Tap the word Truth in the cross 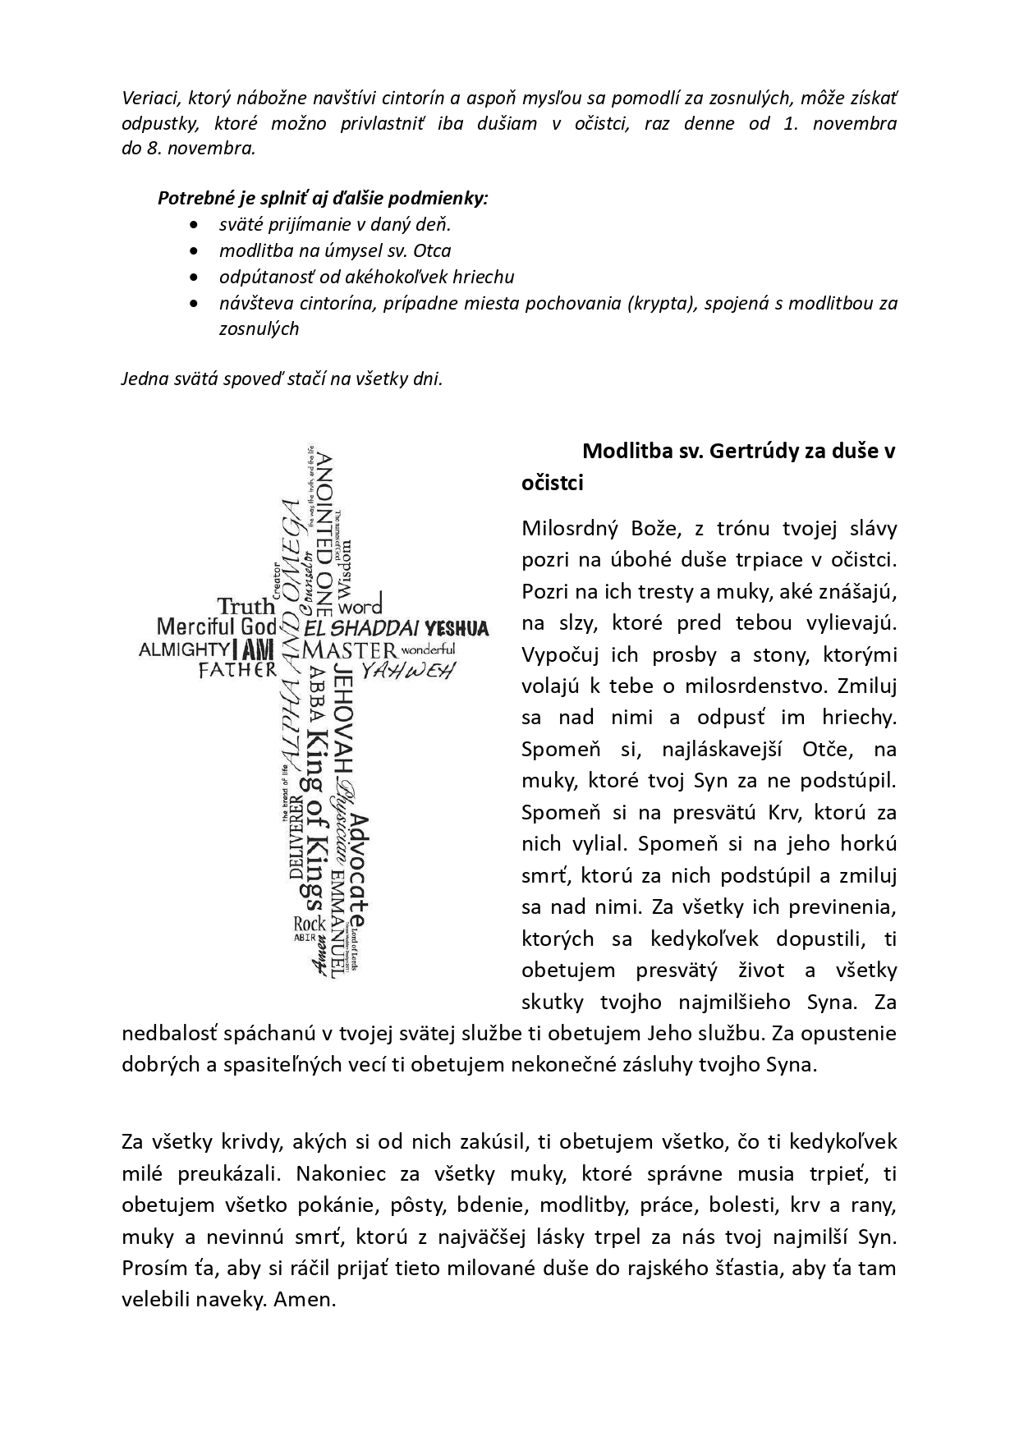point(246,607)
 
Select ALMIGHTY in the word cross point(182,649)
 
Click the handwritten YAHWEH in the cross point(408,671)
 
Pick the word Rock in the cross point(310,924)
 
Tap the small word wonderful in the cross point(428,649)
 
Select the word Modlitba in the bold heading point(625,451)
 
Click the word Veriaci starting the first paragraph point(151,99)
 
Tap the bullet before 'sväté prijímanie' point(193,224)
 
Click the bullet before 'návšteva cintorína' point(193,303)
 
